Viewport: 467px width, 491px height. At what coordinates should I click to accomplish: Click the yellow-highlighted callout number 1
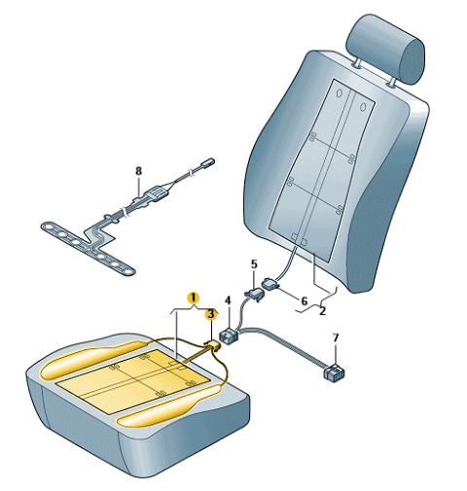click(194, 298)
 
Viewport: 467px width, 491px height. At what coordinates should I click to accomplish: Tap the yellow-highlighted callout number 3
click(211, 314)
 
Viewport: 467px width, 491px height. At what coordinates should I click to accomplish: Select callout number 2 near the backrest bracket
click(322, 311)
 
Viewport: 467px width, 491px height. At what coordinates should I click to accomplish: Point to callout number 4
click(228, 300)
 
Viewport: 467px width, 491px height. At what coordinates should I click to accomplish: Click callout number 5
click(254, 264)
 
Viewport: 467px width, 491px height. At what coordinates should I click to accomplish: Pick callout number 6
click(304, 301)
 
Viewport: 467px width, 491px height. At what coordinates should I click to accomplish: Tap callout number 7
click(336, 337)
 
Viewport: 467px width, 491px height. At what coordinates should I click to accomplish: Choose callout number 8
click(138, 170)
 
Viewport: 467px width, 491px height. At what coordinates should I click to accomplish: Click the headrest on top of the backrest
click(385, 49)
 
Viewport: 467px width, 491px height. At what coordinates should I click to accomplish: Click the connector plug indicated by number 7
click(334, 372)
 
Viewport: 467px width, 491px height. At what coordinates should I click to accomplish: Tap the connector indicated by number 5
click(254, 295)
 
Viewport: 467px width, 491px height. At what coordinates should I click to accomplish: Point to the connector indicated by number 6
click(271, 284)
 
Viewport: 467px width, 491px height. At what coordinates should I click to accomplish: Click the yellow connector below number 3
click(213, 345)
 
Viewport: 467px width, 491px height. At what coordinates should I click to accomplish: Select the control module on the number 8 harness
click(157, 194)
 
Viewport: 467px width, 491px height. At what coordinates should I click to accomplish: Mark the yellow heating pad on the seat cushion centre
click(133, 380)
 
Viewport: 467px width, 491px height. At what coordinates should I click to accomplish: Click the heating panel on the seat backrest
click(321, 168)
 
